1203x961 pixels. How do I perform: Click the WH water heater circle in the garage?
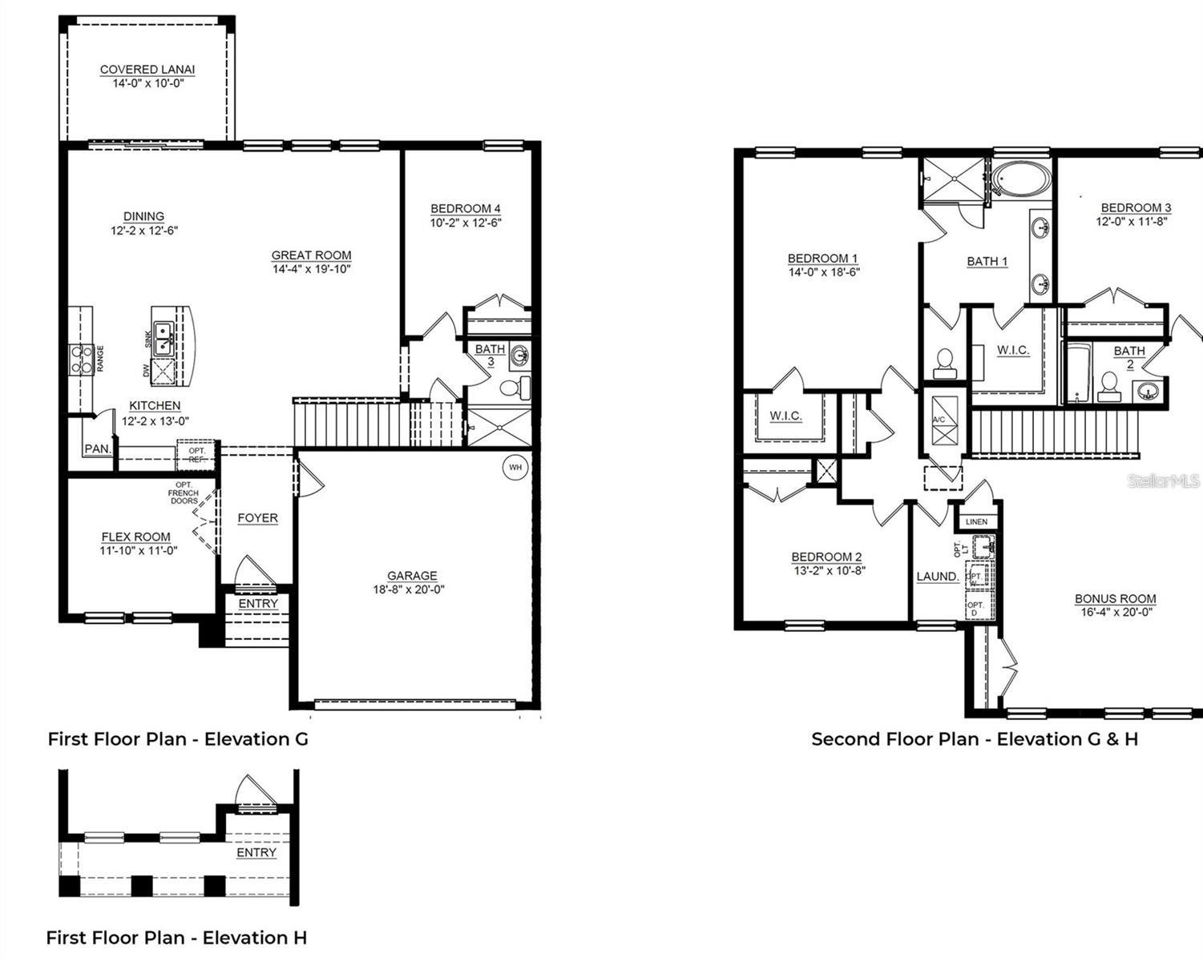[515, 467]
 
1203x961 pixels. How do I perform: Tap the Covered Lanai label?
[147, 70]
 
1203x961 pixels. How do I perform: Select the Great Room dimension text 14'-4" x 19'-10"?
[311, 269]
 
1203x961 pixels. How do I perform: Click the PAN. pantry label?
[98, 449]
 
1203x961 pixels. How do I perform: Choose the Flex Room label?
[135, 537]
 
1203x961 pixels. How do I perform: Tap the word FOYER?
[257, 518]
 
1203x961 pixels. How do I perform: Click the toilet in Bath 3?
[514, 389]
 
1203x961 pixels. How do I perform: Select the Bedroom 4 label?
[466, 209]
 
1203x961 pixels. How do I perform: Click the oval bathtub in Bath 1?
[1019, 179]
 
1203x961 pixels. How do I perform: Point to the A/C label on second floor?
[939, 420]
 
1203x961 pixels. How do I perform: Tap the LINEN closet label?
[976, 522]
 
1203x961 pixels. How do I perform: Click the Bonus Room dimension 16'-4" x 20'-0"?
[1115, 613]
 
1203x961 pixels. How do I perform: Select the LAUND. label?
[938, 577]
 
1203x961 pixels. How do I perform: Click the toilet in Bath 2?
[1109, 385]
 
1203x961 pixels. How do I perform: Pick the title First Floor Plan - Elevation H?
[176, 938]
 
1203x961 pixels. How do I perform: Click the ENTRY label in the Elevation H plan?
[256, 853]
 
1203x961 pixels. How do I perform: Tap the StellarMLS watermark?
[1163, 480]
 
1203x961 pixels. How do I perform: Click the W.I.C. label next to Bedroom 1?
[785, 416]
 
